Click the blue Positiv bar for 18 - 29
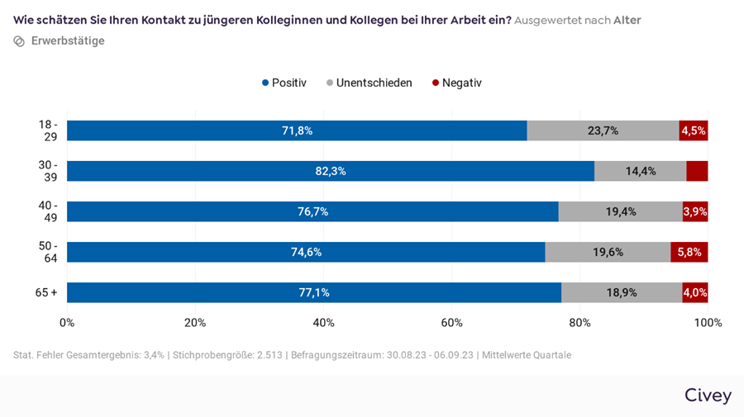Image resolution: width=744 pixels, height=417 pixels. pyautogui.click(x=297, y=130)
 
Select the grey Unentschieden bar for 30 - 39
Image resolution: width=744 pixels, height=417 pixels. pyautogui.click(x=640, y=171)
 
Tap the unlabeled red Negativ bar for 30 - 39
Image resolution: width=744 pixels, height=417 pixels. pyautogui.click(x=697, y=171)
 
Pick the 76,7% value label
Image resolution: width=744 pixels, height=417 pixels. pyautogui.click(x=312, y=211)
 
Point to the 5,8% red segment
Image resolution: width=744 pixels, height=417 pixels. pyautogui.click(x=689, y=252)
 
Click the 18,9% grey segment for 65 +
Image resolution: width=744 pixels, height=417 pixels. pyautogui.click(x=622, y=292)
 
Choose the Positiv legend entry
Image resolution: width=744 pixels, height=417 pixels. pyautogui.click(x=284, y=83)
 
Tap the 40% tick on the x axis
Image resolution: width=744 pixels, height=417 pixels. pyautogui.click(x=323, y=323)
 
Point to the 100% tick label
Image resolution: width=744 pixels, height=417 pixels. pyautogui.click(x=708, y=323)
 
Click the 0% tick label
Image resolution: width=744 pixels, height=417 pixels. pyautogui.click(x=67, y=323)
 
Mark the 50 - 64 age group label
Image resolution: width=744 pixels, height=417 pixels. pyautogui.click(x=48, y=252)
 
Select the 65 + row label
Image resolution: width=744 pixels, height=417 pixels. pyautogui.click(x=46, y=292)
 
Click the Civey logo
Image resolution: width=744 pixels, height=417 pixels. pyautogui.click(x=708, y=396)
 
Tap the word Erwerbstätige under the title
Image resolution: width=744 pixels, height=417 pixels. pyautogui.click(x=68, y=40)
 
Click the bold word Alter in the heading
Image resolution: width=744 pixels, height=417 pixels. pyautogui.click(x=627, y=20)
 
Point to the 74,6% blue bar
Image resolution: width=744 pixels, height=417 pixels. pyautogui.click(x=306, y=252)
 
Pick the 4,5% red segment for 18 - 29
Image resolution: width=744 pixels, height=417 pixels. pyautogui.click(x=693, y=130)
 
